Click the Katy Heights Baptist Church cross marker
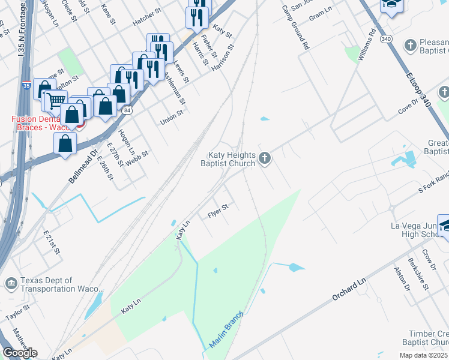[x=265, y=159]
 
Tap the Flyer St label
[x=218, y=211]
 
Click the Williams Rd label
[x=366, y=45]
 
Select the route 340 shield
[x=387, y=39]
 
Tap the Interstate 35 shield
[x=26, y=86]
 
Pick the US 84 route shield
[x=126, y=110]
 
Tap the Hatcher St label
[x=148, y=20]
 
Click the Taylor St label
[x=17, y=312]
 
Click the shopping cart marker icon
[x=57, y=100]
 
